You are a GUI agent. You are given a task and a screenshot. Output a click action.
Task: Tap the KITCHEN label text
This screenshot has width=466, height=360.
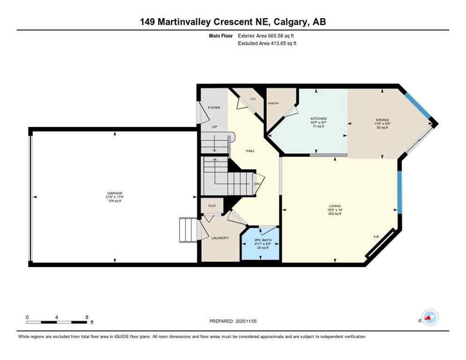pos(318,119)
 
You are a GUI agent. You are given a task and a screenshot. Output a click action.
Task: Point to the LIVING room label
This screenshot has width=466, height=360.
pos(335,205)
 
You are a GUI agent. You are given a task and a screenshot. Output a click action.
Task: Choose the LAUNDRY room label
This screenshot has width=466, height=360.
pos(220,238)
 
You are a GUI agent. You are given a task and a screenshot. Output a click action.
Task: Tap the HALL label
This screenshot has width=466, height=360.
pos(250,150)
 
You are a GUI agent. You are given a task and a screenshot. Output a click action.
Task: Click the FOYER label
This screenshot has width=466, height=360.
pos(214,107)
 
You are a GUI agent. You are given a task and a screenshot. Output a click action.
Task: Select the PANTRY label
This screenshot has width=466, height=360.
pos(273,103)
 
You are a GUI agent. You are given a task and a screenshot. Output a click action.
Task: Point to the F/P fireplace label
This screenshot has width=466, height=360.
pos(376,237)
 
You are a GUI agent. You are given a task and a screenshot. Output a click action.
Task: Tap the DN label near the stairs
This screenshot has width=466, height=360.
pos(256,184)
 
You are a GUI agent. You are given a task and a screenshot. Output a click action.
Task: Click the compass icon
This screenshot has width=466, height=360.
pos(429,317)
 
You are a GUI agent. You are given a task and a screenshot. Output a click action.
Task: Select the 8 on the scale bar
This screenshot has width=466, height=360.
pos(87,317)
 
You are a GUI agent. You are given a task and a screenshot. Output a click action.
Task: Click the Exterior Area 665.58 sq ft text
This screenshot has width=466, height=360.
pos(266,36)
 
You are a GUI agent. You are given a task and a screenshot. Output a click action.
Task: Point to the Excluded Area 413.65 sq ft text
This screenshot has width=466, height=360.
pos(267,43)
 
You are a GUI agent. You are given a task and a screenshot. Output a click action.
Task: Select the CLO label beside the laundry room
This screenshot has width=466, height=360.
pos(212,205)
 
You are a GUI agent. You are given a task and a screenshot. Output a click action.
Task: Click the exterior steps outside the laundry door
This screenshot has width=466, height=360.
pos(188,230)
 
